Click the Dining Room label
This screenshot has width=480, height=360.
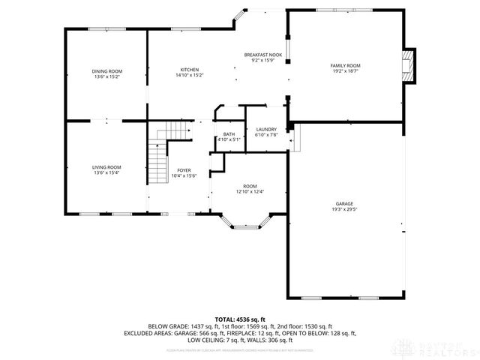pos(107,71)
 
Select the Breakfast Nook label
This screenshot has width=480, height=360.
pos(263,55)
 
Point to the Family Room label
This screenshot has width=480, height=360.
pos(346,65)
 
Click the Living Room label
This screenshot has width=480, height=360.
pos(107,167)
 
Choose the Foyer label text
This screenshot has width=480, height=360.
pos(184,170)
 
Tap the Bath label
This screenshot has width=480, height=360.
pos(229,134)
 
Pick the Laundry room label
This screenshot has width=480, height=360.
pos(266,130)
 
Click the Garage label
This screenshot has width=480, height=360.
pos(345,203)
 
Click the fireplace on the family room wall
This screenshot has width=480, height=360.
pos(407,64)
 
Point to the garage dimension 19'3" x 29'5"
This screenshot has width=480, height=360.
pos(345,209)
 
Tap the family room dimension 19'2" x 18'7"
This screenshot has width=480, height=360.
pos(346,71)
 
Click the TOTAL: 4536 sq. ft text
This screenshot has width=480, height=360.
pos(240,319)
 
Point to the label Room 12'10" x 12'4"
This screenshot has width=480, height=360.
pos(250,189)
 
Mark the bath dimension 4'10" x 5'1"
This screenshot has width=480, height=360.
pos(229,139)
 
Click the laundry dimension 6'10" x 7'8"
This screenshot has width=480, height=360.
pos(266,135)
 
